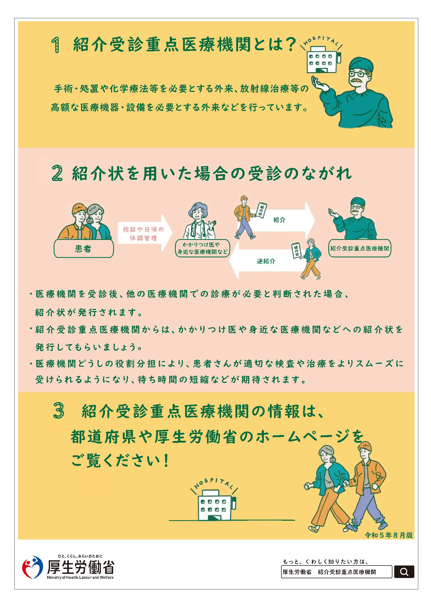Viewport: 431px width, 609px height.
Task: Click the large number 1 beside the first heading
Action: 56,45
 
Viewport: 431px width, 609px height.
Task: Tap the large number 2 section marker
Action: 57,173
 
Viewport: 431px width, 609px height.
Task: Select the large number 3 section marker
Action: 59,410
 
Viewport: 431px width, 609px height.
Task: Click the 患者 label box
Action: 84,248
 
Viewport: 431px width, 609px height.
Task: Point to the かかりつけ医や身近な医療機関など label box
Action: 202,248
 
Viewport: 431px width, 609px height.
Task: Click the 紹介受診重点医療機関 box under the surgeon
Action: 360,248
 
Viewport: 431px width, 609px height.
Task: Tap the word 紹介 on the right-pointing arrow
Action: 279,220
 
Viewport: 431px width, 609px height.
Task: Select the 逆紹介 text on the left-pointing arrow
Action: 266,261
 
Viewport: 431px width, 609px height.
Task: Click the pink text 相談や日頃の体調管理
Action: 143,234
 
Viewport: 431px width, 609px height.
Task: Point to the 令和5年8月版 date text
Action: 389,535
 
